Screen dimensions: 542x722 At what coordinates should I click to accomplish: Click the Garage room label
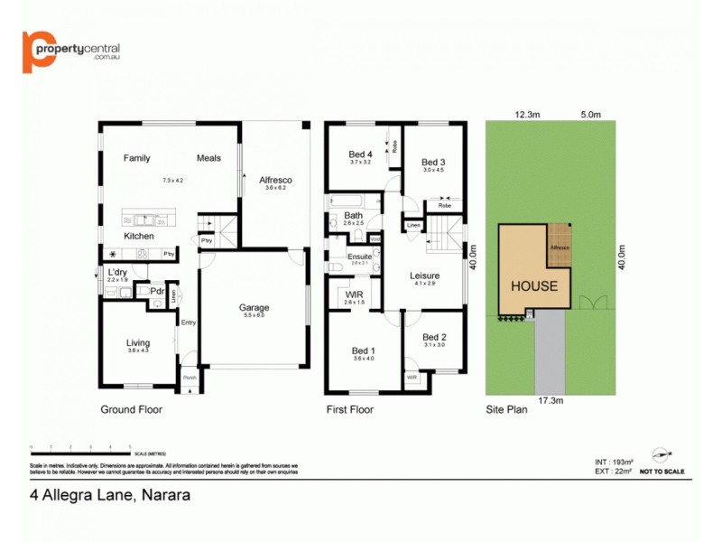255,308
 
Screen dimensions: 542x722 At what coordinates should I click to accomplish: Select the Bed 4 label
360,154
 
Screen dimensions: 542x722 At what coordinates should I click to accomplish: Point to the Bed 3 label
433,162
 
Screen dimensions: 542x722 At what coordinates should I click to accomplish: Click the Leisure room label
424,276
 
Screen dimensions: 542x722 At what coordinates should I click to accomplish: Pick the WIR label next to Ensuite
354,294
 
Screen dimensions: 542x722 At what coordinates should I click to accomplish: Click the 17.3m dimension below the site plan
550,400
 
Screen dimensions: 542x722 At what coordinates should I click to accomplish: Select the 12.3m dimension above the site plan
527,115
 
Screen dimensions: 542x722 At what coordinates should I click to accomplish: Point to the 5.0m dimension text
591,115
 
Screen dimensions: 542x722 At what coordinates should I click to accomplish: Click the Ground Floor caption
131,409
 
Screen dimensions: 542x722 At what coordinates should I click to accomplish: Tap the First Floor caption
349,409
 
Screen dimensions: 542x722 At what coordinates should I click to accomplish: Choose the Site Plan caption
507,409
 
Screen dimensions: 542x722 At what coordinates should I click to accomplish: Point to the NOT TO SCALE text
662,472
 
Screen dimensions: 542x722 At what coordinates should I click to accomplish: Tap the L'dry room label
117,273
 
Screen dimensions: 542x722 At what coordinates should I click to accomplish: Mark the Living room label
138,342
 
